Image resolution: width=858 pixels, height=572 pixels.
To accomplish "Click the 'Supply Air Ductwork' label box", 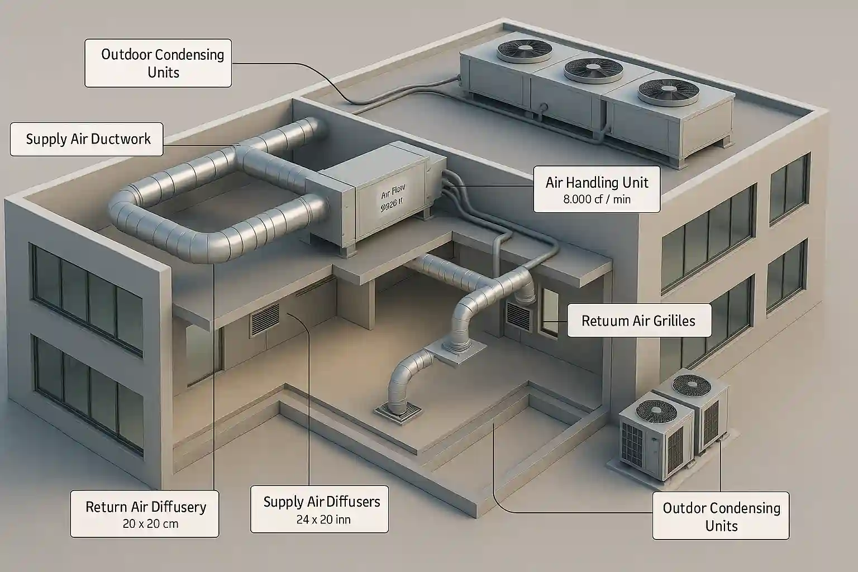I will tap(87, 139).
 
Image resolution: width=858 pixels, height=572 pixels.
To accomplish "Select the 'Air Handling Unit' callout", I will tap(597, 182).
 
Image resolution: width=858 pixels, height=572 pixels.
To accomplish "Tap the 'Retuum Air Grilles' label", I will tap(638, 321).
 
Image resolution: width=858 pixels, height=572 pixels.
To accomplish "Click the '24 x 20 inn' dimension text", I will tap(323, 519).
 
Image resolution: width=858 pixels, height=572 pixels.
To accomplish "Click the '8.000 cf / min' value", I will tap(597, 199).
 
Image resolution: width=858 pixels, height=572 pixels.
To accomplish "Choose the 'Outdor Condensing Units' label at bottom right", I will tap(721, 516).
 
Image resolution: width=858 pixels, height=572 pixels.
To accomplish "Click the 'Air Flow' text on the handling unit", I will tap(392, 195).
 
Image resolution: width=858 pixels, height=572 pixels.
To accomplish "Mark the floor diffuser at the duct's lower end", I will tap(397, 411).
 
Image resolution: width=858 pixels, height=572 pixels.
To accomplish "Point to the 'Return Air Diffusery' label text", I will tap(146, 507).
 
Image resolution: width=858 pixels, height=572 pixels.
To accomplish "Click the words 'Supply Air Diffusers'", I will tap(321, 502).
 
